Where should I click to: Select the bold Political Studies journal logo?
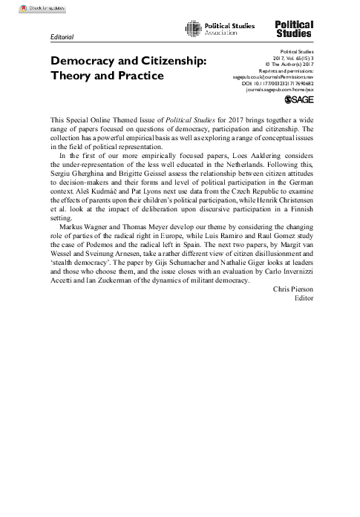(x=294, y=29)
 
